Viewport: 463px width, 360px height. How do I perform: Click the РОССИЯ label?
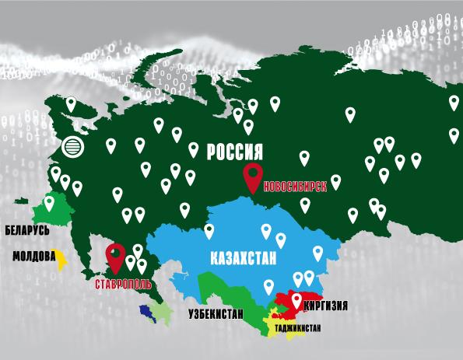(234, 152)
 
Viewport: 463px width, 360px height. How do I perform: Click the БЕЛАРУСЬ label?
(27, 231)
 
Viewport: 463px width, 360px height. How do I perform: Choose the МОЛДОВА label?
(33, 256)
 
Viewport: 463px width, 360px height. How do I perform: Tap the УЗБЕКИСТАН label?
(215, 315)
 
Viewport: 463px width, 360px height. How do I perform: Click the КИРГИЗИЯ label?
(326, 306)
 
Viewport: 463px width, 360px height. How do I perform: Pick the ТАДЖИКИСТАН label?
(297, 329)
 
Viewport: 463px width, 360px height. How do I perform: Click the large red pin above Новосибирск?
(253, 177)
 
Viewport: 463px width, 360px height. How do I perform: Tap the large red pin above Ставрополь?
(116, 255)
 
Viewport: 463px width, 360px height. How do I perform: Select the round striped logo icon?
(72, 146)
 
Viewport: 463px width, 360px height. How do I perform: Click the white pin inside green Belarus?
(51, 203)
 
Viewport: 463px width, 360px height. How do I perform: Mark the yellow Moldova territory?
(59, 259)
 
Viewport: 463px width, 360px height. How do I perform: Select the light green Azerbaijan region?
(161, 313)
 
